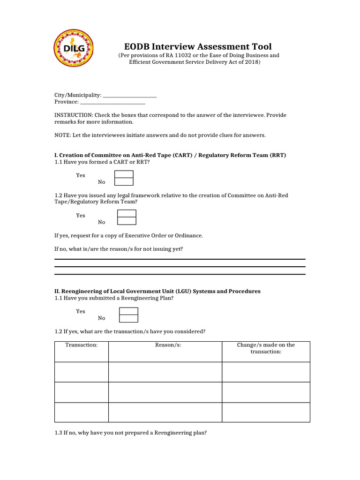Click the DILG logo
(74, 49)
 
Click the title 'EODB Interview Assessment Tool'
(198, 46)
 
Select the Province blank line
(112, 102)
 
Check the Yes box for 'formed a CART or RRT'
(124, 174)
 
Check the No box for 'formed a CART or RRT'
(124, 181)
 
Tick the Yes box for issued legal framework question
(127, 214)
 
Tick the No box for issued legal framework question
(127, 221)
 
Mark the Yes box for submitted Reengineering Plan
(128, 311)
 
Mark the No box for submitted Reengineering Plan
(128, 319)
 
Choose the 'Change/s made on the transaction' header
(266, 348)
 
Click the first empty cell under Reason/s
(165, 372)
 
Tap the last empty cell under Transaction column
(82, 412)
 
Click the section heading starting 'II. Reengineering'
(157, 291)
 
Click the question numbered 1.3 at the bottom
(130, 433)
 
